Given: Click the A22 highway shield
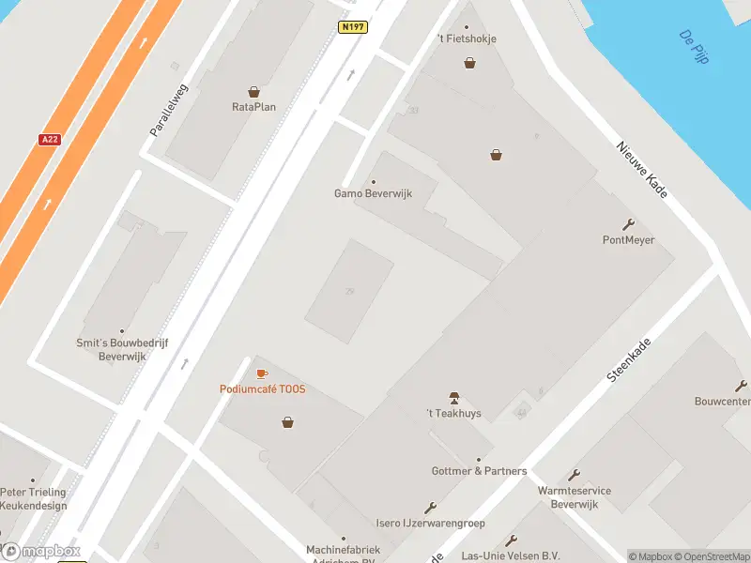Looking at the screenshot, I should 50,139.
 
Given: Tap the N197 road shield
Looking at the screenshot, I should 352,27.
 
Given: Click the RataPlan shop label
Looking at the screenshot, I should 253,107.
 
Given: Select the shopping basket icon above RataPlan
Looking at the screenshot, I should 253,92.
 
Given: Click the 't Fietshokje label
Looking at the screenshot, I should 467,38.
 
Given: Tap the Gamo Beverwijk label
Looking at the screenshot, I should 374,194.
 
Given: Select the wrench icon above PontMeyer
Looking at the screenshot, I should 628,224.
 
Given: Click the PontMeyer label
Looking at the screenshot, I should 628,240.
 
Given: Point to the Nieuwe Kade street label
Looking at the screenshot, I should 642,170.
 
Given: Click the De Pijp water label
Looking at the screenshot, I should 694,47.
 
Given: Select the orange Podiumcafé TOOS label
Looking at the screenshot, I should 262,389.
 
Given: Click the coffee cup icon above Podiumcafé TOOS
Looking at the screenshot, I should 262,374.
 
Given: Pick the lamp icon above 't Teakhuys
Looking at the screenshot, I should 454,399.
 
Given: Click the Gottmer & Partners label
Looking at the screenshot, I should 479,471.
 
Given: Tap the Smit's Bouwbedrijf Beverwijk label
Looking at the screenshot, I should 122,350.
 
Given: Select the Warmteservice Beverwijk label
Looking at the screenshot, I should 575,497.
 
